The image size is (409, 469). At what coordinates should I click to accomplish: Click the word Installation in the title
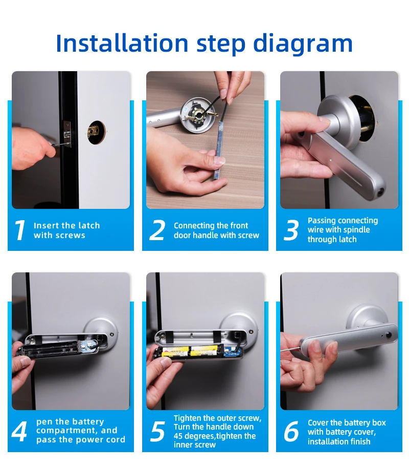click(x=122, y=43)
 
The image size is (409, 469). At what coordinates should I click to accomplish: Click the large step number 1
click(x=20, y=230)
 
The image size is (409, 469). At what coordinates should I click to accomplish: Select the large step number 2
click(x=157, y=230)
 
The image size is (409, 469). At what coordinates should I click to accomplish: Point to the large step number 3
click(x=291, y=230)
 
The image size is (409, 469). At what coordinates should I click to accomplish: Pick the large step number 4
click(x=19, y=431)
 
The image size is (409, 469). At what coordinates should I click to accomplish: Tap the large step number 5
click(x=157, y=431)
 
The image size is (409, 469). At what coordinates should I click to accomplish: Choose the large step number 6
click(x=291, y=431)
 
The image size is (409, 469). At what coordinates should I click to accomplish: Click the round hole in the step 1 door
click(x=97, y=132)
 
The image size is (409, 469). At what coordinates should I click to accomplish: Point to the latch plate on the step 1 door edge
click(x=67, y=134)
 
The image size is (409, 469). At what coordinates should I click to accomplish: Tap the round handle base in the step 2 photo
click(x=199, y=115)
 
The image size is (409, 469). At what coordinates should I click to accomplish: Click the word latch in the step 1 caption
click(x=88, y=225)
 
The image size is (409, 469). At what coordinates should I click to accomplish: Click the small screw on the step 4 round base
click(x=112, y=334)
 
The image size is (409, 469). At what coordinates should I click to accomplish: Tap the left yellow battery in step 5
click(x=175, y=351)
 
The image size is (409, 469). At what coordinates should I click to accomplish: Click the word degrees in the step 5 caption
click(x=198, y=436)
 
